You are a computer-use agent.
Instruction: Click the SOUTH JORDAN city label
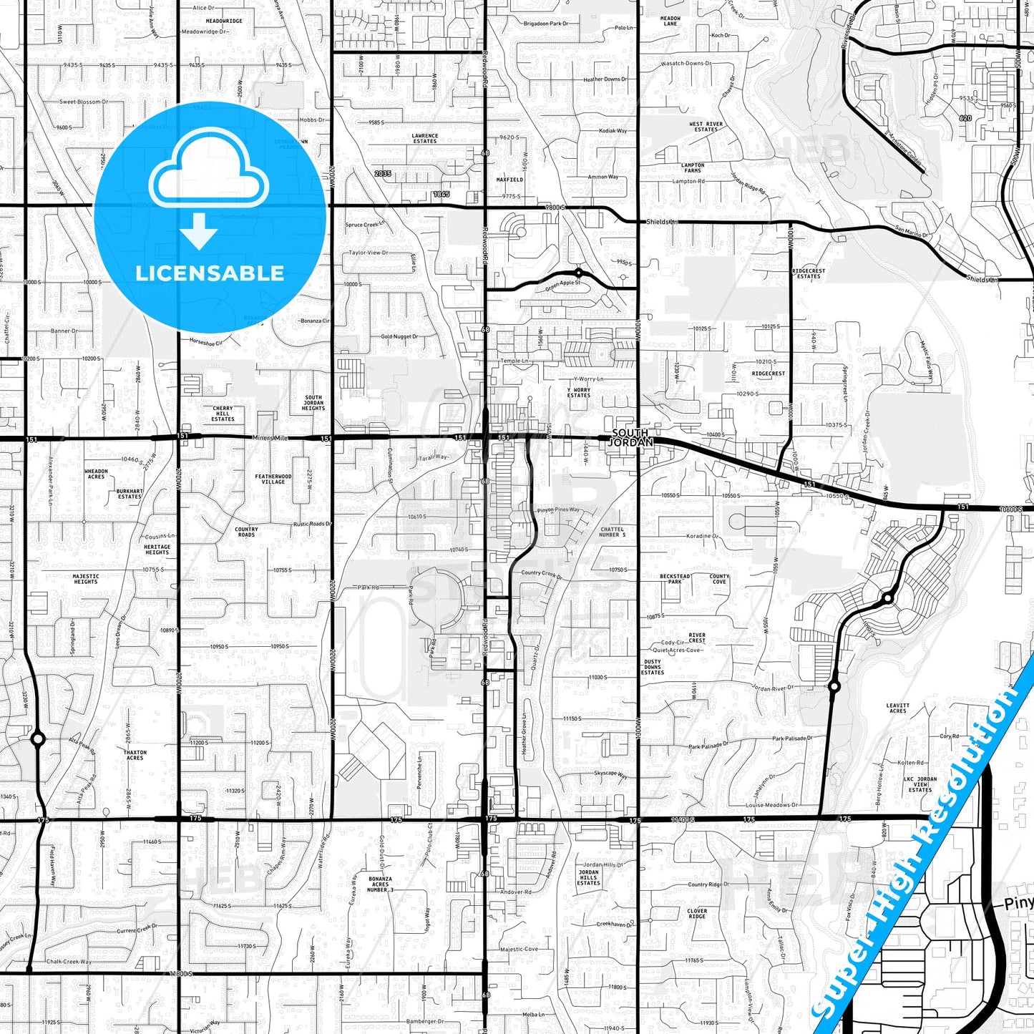coord(630,437)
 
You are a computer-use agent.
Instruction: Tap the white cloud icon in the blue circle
coord(208,169)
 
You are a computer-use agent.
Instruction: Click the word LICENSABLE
coord(210,273)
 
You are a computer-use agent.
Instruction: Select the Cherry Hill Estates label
coord(223,414)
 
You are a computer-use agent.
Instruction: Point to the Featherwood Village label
coord(273,479)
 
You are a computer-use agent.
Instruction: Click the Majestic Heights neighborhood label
coord(86,579)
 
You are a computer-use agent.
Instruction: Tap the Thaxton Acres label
coord(135,755)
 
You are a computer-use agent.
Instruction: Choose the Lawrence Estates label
coord(424,138)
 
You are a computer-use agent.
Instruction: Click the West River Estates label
coord(706,127)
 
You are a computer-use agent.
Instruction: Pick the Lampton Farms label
coord(692,167)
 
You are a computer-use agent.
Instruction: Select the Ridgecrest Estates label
coord(809,273)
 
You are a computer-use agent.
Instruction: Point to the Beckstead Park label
coord(675,579)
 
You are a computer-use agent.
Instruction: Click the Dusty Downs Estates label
coord(653,667)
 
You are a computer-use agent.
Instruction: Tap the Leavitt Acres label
coord(897,708)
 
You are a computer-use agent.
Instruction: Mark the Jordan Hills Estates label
coord(589,877)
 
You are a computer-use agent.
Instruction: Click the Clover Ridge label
coord(697,914)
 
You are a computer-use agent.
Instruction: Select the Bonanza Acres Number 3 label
coord(380,884)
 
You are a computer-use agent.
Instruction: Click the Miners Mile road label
coord(270,438)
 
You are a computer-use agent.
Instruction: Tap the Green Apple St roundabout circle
coord(578,273)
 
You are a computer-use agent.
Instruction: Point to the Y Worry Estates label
coord(579,392)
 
